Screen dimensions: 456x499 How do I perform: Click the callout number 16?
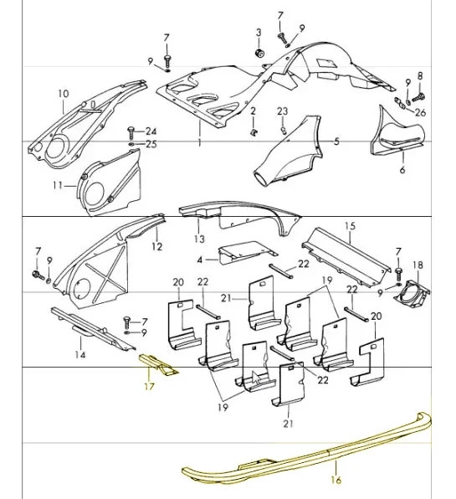pos(336,480)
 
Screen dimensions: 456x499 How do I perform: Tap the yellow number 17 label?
pos(149,386)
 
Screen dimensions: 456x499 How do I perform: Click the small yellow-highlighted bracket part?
pos(158,365)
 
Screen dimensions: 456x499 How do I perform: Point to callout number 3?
pos(259,33)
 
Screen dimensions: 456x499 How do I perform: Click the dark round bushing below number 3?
pos(260,54)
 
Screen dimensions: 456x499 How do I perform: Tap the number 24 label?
pos(151,131)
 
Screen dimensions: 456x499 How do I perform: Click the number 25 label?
pos(151,144)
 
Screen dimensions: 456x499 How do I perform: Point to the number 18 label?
pos(418,265)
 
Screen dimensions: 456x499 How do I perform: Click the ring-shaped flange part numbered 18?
pos(412,294)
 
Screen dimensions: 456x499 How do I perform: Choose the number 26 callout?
pos(420,112)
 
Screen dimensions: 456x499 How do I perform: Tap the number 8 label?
pos(420,76)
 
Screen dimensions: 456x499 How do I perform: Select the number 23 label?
pos(282,111)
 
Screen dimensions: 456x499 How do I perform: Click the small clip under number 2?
pos(254,131)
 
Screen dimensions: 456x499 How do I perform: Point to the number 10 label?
pos(64,94)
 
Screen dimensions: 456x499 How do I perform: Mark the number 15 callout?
pos(350,226)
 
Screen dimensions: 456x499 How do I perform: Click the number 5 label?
pos(336,141)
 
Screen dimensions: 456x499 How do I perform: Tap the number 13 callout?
pos(199,239)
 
